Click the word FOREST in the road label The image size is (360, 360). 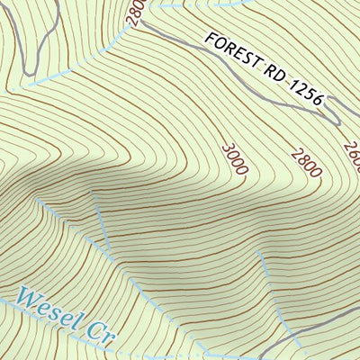pyautogui.click(x=232, y=54)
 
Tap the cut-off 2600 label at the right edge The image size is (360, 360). pyautogui.click(x=351, y=155)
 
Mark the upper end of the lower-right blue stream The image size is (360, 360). pyautogui.click(x=258, y=253)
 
